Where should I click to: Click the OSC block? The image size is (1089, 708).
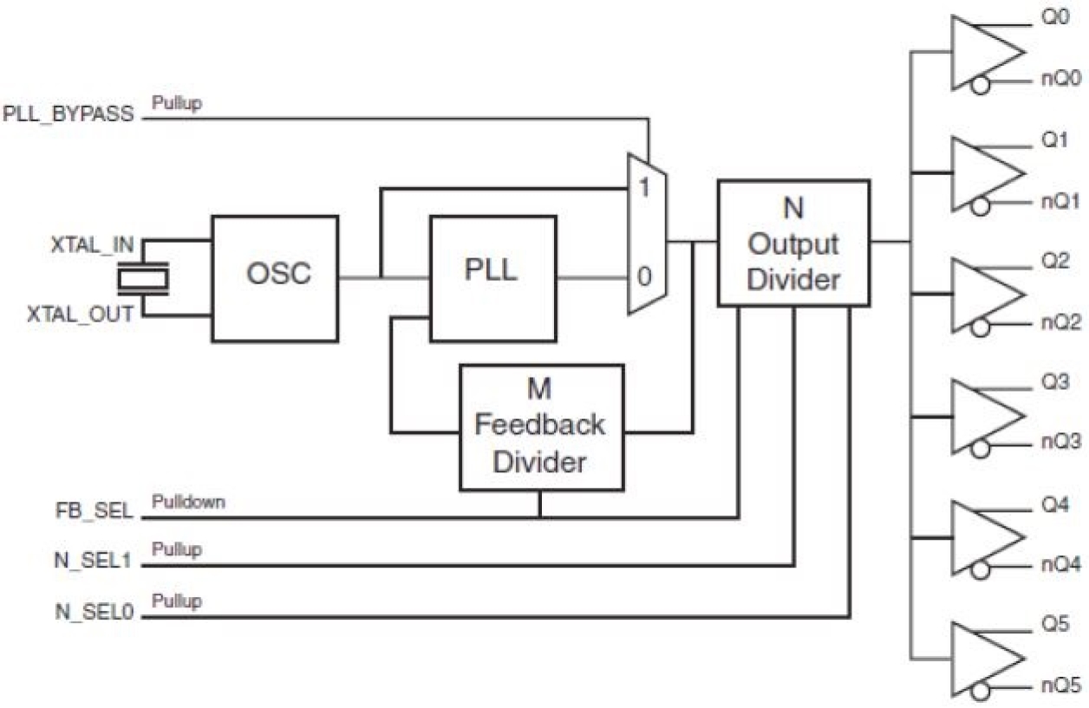[x=275, y=277]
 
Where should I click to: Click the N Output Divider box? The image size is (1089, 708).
[x=793, y=243]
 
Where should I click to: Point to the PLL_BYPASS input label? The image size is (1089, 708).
[x=68, y=114]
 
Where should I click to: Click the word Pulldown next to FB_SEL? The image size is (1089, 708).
[x=188, y=502]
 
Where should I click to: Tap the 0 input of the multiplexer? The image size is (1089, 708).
[x=644, y=277]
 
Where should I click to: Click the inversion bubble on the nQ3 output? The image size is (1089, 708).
[x=981, y=448]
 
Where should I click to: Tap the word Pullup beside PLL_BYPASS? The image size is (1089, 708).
[x=177, y=103]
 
